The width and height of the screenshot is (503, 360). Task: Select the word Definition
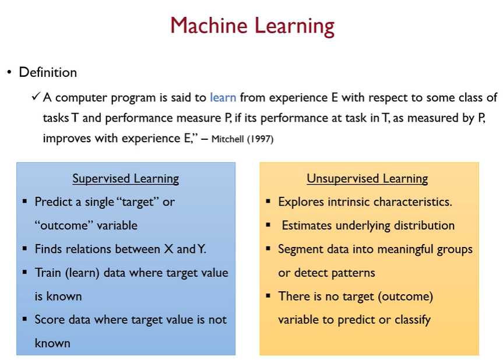pyautogui.click(x=48, y=73)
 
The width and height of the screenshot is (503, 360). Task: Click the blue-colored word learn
pyautogui.click(x=223, y=97)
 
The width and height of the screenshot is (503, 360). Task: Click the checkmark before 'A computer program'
pyautogui.click(x=36, y=97)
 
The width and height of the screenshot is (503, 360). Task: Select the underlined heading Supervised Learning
pyautogui.click(x=125, y=178)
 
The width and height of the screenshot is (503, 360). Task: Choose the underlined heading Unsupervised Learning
pyautogui.click(x=368, y=178)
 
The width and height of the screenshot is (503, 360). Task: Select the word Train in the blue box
pyautogui.click(x=48, y=273)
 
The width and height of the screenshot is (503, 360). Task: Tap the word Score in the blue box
pyautogui.click(x=49, y=319)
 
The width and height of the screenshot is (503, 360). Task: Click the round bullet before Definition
pyautogui.click(x=9, y=73)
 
